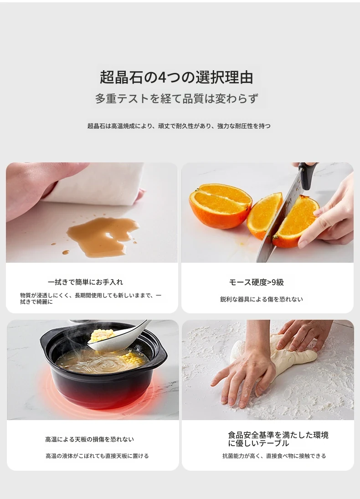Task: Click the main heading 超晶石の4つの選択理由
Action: [176, 78]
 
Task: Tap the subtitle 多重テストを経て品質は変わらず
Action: [176, 99]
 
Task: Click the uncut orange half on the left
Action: [221, 205]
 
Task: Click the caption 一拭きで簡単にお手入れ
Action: [85, 282]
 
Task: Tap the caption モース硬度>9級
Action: [256, 282]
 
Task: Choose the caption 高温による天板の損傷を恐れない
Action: [90, 440]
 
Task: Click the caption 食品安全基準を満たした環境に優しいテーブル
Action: [278, 439]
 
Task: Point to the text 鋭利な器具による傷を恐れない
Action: [262, 299]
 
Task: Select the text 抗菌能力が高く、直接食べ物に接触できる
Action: [274, 456]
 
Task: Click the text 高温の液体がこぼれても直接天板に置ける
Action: [97, 456]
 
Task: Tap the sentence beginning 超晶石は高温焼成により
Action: [179, 126]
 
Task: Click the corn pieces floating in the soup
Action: [132, 358]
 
